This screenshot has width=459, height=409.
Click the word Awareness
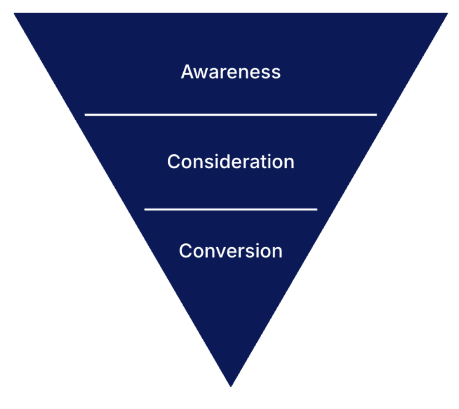click(x=230, y=72)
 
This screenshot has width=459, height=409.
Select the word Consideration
click(x=230, y=161)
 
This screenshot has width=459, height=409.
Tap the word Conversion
click(x=230, y=251)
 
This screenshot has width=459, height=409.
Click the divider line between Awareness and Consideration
click(x=230, y=115)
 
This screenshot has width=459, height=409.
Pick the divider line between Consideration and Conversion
click(x=230, y=209)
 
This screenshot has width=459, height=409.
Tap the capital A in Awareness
click(x=187, y=72)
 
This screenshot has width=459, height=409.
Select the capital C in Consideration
click(x=174, y=161)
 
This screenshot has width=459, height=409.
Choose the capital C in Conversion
click(x=186, y=251)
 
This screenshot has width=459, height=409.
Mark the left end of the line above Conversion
click(x=146, y=209)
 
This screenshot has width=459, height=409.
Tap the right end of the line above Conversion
click(x=316, y=209)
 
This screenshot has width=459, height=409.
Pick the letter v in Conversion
click(x=220, y=252)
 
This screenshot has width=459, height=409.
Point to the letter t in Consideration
click(x=264, y=161)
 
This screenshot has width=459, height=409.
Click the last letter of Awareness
click(x=276, y=73)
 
